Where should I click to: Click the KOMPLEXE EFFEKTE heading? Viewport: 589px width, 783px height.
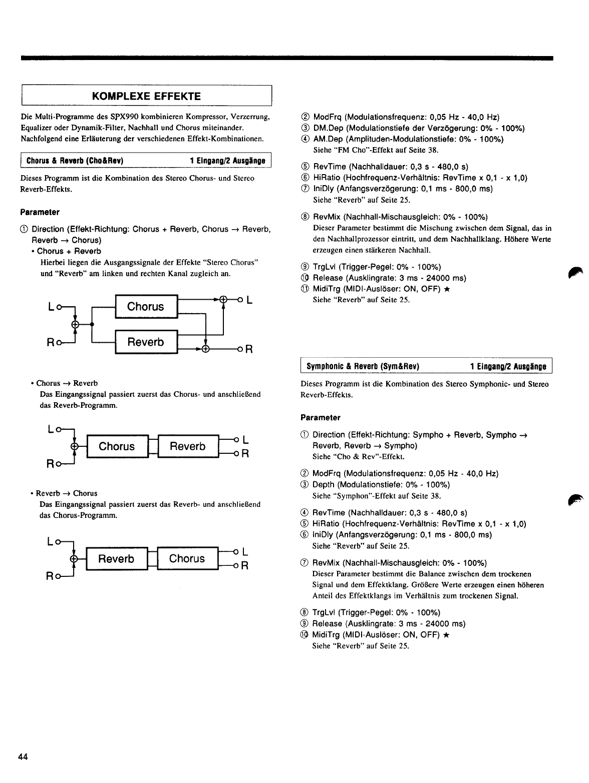click(x=146, y=96)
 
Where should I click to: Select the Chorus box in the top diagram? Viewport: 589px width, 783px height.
click(x=146, y=307)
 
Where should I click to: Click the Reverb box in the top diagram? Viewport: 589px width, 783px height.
click(x=146, y=342)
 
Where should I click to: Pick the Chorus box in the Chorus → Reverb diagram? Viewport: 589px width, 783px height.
click(x=117, y=446)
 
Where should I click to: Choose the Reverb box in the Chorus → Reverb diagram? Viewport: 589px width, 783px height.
click(x=188, y=446)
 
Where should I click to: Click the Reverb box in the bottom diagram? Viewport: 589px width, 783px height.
click(x=116, y=559)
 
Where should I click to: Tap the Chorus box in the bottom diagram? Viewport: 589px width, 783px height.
click(x=187, y=558)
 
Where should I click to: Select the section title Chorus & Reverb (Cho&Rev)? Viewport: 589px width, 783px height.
click(x=75, y=161)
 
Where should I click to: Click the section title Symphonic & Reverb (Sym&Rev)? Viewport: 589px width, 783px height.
click(x=362, y=367)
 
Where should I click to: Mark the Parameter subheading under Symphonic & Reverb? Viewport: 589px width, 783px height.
click(x=320, y=417)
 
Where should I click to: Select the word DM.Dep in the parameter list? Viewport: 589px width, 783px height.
click(x=328, y=128)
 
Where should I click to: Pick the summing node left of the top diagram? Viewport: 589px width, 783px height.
click(x=75, y=324)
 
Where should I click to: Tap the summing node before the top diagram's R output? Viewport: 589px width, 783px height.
click(x=205, y=349)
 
